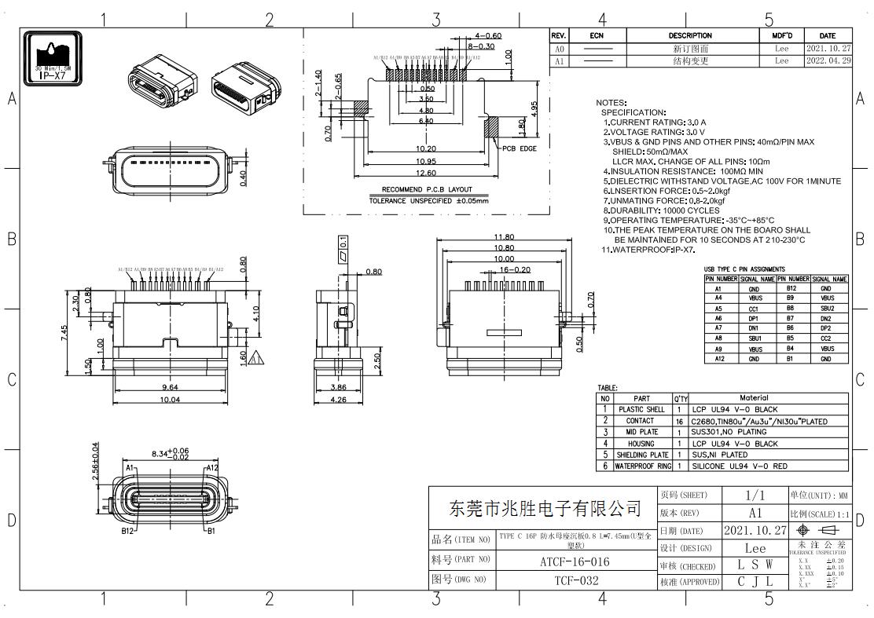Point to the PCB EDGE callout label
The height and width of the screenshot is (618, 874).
[520, 148]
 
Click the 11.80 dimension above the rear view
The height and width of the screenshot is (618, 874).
[504, 237]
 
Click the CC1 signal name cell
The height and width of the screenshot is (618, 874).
[755, 309]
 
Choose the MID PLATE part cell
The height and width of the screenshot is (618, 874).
[641, 432]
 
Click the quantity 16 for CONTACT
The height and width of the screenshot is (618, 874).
[678, 421]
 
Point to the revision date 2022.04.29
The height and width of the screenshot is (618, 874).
[828, 60]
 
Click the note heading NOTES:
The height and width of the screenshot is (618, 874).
[611, 103]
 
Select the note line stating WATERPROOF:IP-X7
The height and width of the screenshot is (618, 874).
[649, 250]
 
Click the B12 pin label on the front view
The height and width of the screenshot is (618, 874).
[127, 532]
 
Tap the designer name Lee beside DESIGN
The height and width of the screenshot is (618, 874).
[755, 548]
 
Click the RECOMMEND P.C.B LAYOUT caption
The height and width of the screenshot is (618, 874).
[427, 189]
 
